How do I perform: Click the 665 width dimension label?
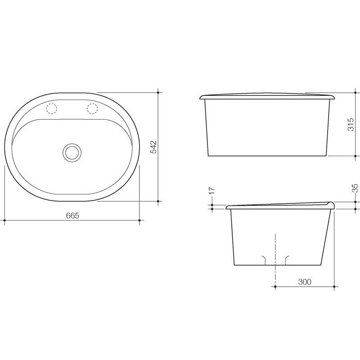[x=72, y=216]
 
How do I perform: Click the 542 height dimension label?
[x=153, y=147]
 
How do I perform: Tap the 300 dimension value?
[x=305, y=282]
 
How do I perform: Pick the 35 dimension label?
[x=354, y=189]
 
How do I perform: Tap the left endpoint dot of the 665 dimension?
[x=4, y=220]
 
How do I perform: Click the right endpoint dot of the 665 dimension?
[x=140, y=220]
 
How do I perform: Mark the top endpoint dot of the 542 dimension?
[x=158, y=93]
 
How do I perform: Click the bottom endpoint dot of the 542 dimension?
[x=158, y=201]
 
